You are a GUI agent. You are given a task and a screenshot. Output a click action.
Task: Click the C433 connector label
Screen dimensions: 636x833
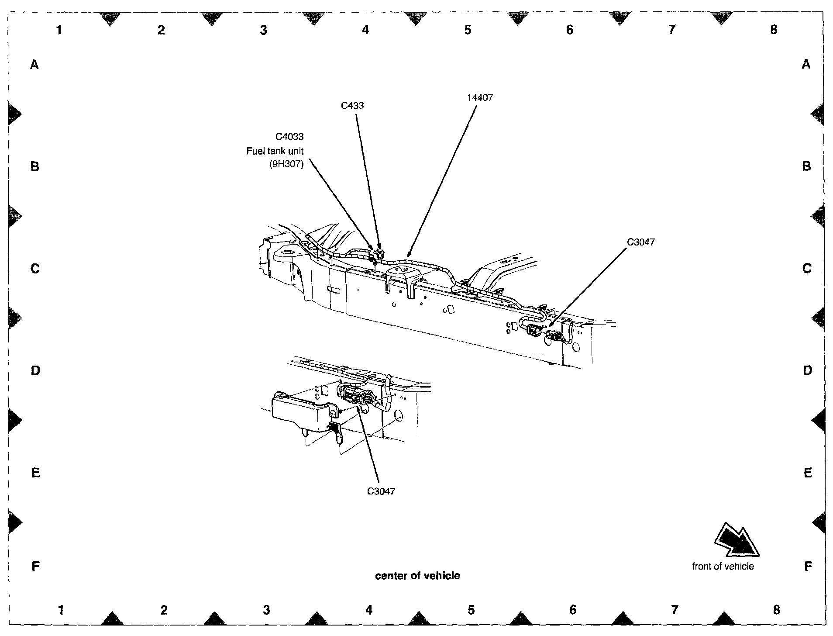point(352,106)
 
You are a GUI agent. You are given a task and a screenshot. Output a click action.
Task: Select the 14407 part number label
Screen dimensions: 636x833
point(480,98)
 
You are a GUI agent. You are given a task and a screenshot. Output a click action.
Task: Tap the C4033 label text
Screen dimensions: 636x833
point(289,137)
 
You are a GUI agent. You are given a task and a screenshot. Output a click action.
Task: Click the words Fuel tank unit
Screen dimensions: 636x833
point(275,151)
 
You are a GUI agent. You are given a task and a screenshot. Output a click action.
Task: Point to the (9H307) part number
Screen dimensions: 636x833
point(286,165)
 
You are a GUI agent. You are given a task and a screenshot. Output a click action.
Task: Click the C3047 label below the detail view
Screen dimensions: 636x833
point(381,491)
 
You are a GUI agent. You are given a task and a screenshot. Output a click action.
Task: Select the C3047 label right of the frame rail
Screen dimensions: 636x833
point(641,242)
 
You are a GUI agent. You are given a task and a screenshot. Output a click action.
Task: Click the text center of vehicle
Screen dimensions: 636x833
point(417,576)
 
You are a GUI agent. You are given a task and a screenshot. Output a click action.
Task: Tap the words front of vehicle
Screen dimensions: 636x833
point(723,567)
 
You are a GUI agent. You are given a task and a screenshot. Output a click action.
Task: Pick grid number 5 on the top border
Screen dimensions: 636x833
point(468,30)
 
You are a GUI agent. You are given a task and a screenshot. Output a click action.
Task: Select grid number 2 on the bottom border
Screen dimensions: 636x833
point(164,610)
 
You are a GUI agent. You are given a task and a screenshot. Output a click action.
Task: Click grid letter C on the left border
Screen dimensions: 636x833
point(35,268)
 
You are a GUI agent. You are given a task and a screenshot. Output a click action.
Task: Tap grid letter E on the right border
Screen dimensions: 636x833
point(808,473)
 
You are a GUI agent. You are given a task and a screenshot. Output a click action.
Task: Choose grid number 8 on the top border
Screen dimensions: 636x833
point(774,30)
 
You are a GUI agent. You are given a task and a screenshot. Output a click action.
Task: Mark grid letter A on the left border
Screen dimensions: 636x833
point(34,65)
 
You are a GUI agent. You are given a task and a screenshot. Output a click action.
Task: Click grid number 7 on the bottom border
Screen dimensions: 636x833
point(675,610)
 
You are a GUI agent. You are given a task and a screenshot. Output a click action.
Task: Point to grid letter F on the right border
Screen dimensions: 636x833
point(808,567)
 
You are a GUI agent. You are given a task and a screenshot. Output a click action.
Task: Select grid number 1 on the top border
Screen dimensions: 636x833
point(59,30)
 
